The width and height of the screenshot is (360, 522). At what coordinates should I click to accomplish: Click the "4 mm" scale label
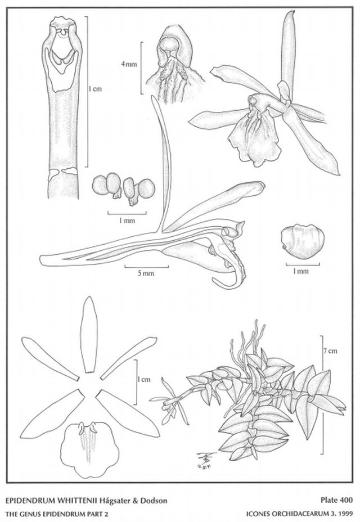click(129, 64)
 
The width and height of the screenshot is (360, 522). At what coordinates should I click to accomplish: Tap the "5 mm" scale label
click(146, 273)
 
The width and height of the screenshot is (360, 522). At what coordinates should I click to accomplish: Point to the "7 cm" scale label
click(330, 350)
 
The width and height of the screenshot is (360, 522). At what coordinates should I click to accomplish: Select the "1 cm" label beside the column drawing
click(95, 89)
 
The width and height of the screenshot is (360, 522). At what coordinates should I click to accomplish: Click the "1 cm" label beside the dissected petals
click(144, 379)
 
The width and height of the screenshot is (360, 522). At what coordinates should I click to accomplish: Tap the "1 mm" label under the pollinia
click(127, 220)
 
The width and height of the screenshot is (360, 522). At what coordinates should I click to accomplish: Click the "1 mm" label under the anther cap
click(301, 271)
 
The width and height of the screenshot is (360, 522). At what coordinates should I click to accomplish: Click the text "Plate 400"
click(336, 499)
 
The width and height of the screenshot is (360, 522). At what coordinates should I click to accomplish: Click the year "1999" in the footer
click(346, 514)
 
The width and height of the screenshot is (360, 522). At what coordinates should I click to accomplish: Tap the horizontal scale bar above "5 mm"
click(146, 267)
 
